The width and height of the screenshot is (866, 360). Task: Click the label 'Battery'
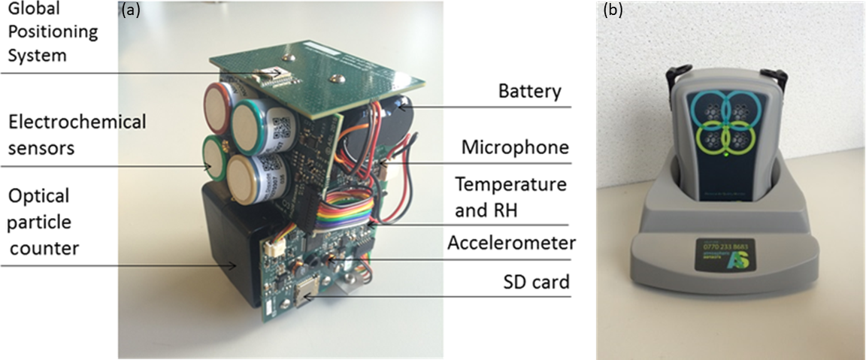[530, 92]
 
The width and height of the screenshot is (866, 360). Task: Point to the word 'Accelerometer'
[511, 243]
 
